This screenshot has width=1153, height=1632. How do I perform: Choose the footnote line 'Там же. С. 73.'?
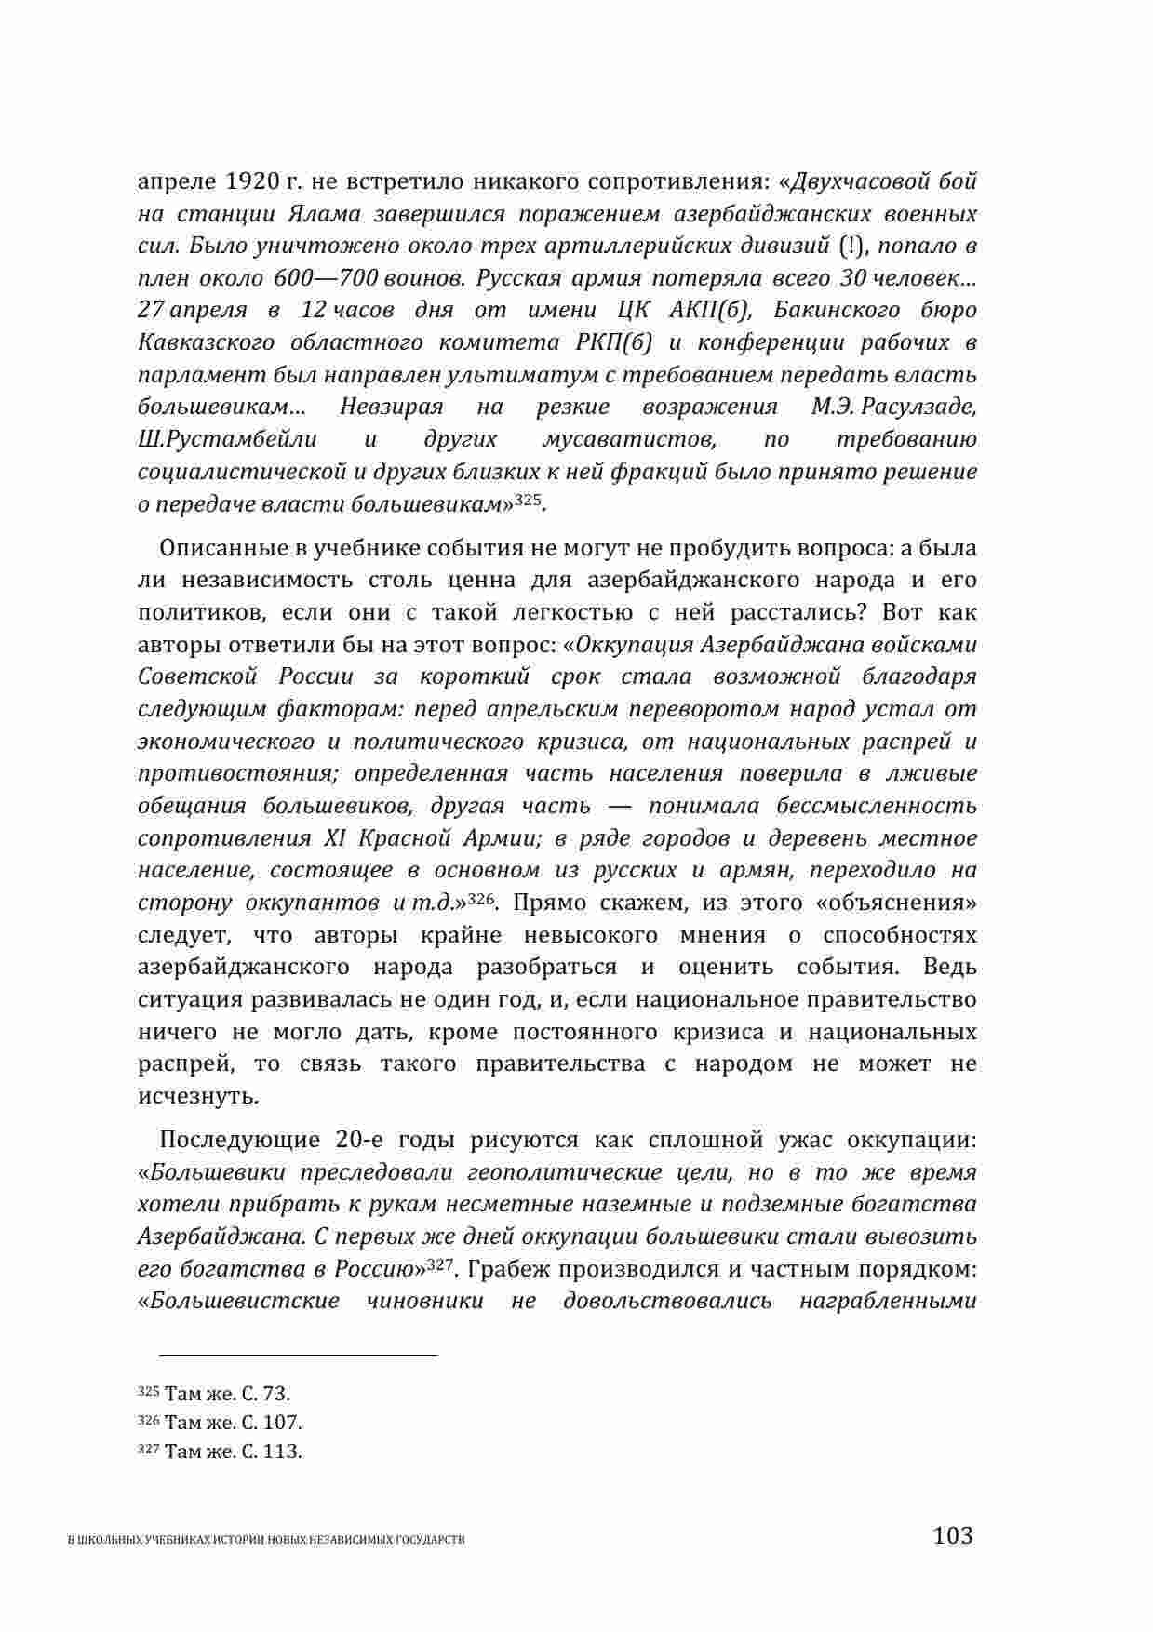227,1393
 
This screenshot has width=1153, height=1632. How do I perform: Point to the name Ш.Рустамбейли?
227,439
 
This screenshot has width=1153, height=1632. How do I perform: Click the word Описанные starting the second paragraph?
216,547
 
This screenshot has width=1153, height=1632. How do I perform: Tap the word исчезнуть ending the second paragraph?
198,1096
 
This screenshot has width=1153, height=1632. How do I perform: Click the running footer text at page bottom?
267,1540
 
